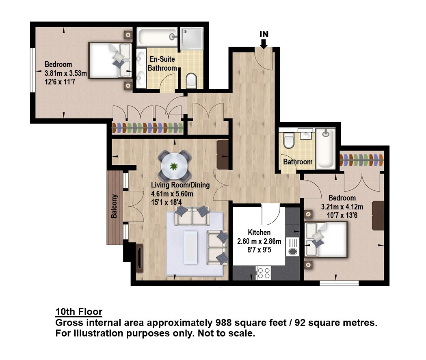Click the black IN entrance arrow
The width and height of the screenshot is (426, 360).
coord(264,44)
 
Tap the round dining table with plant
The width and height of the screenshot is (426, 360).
coord(173,166)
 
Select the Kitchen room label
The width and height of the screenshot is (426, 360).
coord(259,233)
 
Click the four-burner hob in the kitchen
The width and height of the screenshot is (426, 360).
coord(263,272)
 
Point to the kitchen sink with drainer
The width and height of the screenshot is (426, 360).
coord(292,246)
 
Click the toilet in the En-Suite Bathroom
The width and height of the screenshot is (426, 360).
coord(191,81)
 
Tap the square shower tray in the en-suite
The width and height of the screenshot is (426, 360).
coord(192,39)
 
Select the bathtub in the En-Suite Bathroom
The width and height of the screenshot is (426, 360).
coord(157,37)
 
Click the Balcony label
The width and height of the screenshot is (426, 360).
coord(114,206)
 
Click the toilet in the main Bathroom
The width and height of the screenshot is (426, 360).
coord(288,140)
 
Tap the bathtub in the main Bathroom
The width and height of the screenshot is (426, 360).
coord(325,149)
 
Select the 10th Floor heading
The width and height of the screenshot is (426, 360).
coord(79,312)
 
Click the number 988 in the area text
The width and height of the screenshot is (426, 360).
coord(223,323)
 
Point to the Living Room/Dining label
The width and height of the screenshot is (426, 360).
coord(180,185)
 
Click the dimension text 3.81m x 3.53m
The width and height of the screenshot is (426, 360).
coord(66,73)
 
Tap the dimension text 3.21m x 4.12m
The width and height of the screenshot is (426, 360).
coord(342,207)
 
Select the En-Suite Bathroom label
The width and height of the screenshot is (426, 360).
coord(162,64)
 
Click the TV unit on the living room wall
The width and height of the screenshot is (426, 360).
coord(139,258)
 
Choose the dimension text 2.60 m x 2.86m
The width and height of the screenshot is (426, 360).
coord(259,241)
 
